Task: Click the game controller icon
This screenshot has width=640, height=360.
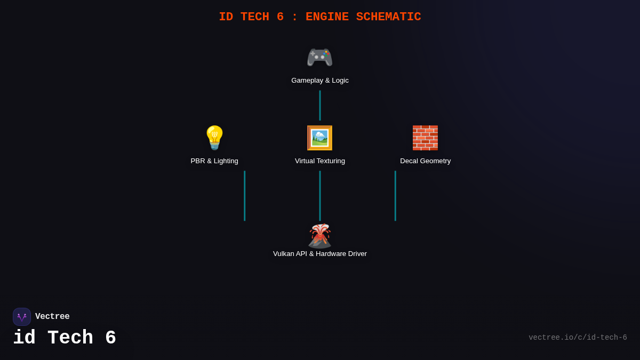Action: tap(319, 57)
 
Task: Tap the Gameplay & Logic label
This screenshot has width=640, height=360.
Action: tap(320, 81)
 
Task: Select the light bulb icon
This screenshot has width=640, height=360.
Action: tap(214, 138)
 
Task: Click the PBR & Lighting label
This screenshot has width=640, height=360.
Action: tap(214, 161)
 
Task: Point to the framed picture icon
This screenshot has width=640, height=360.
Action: tap(319, 138)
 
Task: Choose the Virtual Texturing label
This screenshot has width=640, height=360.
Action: tap(320, 161)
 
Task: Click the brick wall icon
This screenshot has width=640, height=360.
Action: tap(425, 138)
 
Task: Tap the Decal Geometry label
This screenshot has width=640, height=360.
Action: tap(425, 161)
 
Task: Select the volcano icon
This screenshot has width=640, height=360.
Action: tap(319, 236)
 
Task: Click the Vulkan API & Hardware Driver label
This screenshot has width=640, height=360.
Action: tap(320, 254)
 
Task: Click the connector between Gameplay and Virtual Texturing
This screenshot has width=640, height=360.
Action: tap(320, 105)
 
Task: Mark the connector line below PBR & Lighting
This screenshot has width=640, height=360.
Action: tap(245, 196)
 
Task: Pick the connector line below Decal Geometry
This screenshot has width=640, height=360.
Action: tap(395, 196)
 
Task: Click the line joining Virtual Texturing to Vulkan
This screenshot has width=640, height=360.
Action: tap(320, 196)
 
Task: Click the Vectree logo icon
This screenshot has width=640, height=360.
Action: tap(22, 317)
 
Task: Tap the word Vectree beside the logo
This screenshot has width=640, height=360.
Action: tap(52, 317)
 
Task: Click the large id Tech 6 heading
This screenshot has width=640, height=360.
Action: tap(65, 338)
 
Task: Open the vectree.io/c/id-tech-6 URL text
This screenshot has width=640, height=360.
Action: tap(578, 338)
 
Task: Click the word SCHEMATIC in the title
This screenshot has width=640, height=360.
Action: tap(388, 17)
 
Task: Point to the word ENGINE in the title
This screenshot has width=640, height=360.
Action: tap(327, 17)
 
